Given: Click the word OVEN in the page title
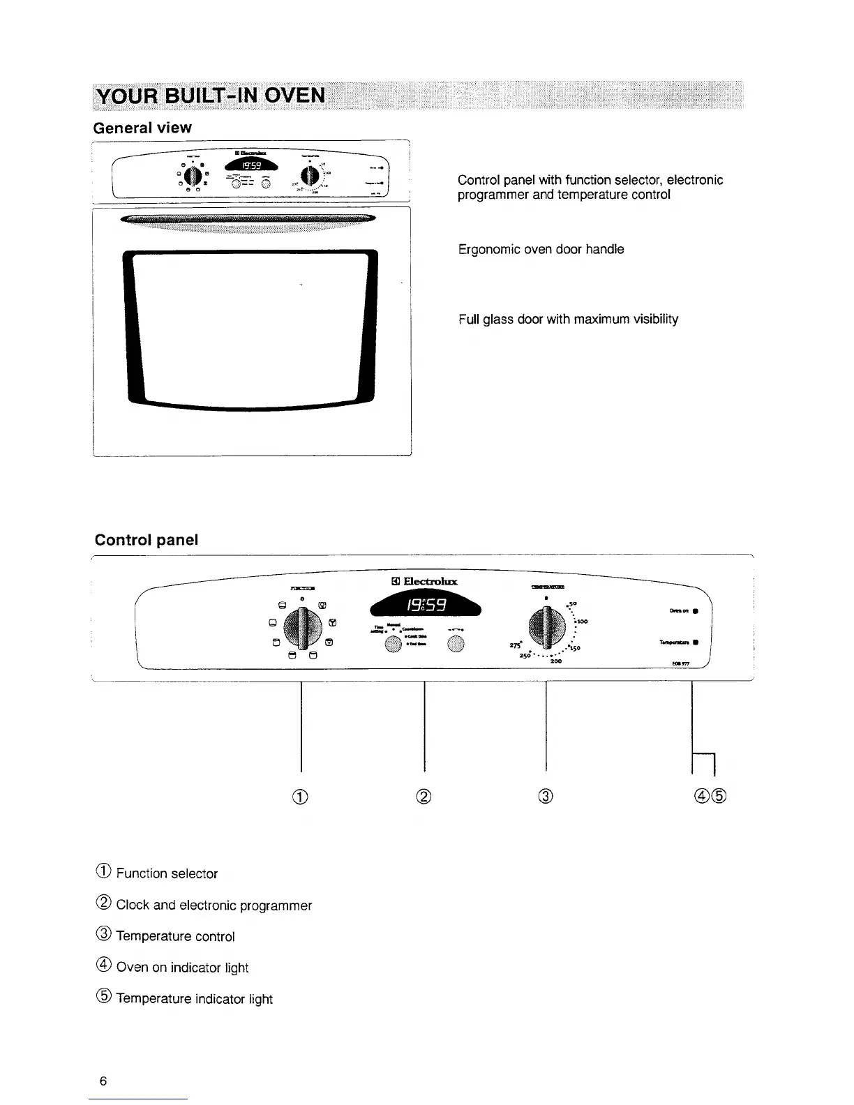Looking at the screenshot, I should pyautogui.click(x=287, y=95).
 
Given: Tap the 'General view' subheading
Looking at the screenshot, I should pyautogui.click(x=142, y=128).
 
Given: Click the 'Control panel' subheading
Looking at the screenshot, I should pyautogui.click(x=147, y=540).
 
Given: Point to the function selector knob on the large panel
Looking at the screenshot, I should pyautogui.click(x=301, y=623).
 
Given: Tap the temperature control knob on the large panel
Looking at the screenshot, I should pyautogui.click(x=546, y=623).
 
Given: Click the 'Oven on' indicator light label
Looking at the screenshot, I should pyautogui.click(x=680, y=611).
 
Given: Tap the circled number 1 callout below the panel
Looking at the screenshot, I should pyautogui.click(x=301, y=796).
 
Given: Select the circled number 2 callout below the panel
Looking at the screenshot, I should pyautogui.click(x=424, y=796).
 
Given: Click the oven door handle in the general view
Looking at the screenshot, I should pyautogui.click(x=248, y=220).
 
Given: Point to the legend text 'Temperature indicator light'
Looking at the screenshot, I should pyautogui.click(x=194, y=999).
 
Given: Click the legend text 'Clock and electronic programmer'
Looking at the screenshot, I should pyautogui.click(x=213, y=905).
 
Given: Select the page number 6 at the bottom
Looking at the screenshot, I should pyautogui.click(x=103, y=1081).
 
